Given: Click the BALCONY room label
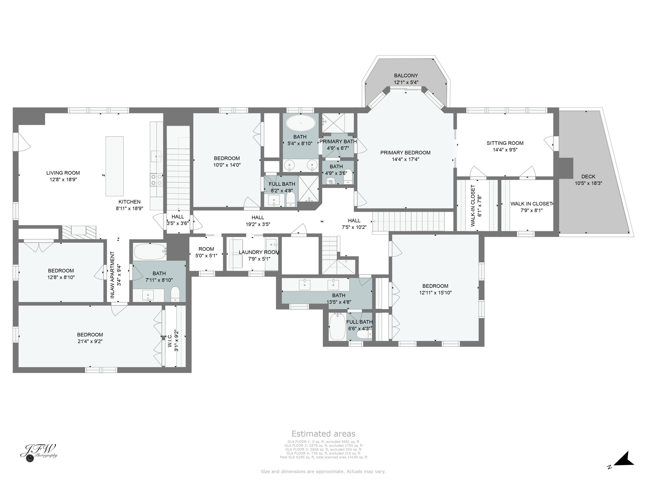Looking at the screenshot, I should pyautogui.click(x=406, y=75).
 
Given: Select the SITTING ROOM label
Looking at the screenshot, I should pyautogui.click(x=505, y=143).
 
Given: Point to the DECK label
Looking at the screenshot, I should pyautogui.click(x=588, y=177).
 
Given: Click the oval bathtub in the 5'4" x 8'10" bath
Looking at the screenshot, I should pyautogui.click(x=301, y=123).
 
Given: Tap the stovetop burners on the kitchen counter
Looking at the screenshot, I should pyautogui.click(x=157, y=180).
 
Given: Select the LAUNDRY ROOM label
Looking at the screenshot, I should pyautogui.click(x=259, y=252).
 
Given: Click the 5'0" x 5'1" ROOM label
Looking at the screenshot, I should pyautogui.click(x=206, y=249).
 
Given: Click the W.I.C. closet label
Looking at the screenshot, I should pyautogui.click(x=170, y=340).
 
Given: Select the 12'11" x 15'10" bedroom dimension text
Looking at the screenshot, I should pyautogui.click(x=435, y=293).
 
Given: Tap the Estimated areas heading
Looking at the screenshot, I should pyautogui.click(x=323, y=433).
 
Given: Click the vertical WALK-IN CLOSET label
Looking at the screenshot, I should pyautogui.click(x=473, y=205).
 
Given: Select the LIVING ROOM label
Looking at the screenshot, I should pyautogui.click(x=63, y=173).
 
